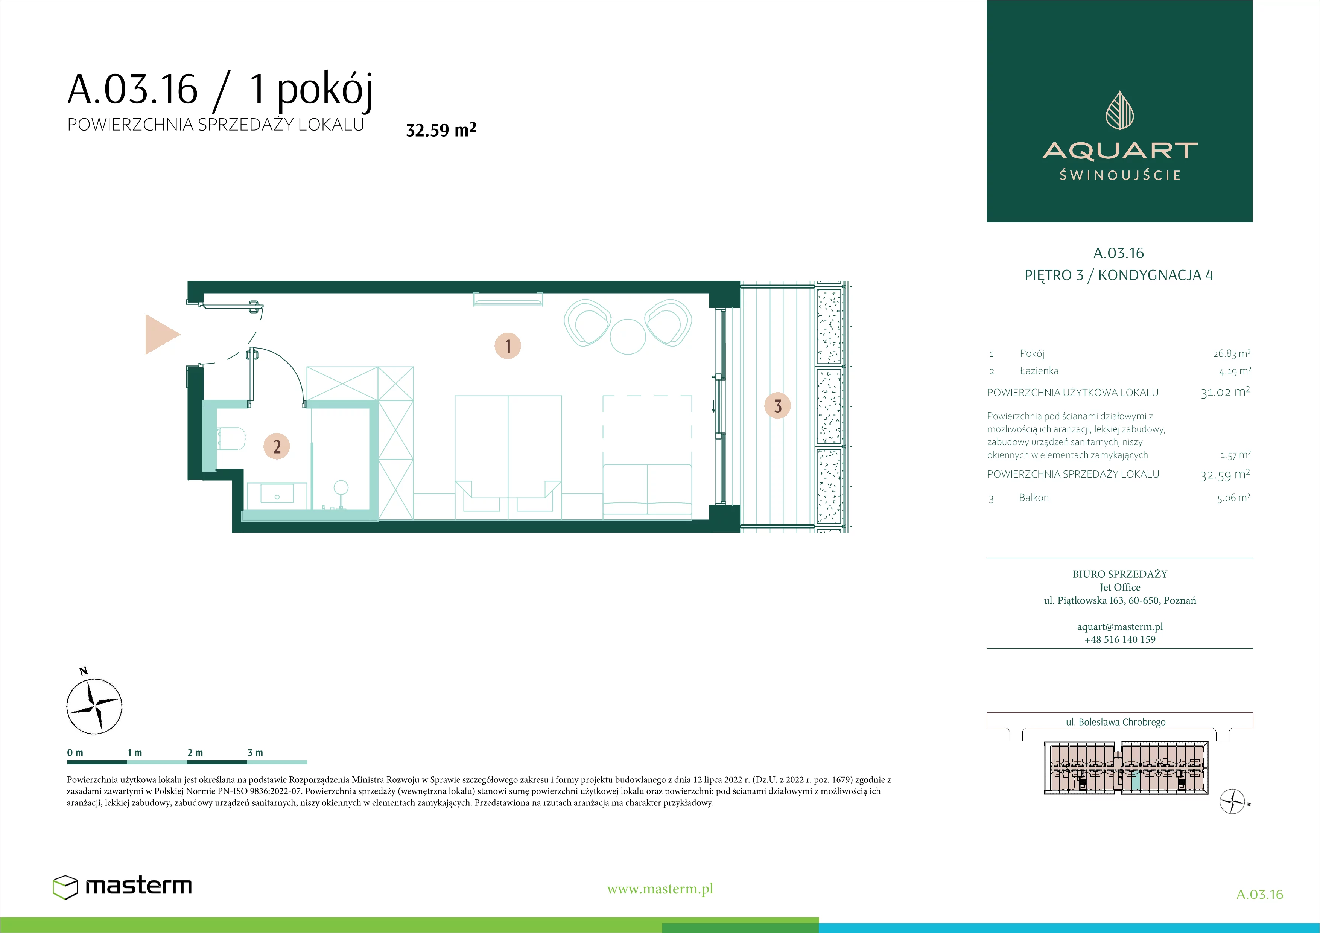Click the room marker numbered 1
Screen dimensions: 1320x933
click(x=508, y=346)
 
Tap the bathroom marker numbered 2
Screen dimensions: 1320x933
click(x=277, y=446)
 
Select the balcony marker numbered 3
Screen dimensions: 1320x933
click(x=777, y=406)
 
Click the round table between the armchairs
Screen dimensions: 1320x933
click(x=628, y=336)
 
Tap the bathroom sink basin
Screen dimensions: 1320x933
click(x=277, y=493)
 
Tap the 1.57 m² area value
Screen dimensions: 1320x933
click(x=1235, y=455)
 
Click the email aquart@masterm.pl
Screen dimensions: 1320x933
click(x=1119, y=627)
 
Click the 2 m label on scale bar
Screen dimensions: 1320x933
click(x=195, y=752)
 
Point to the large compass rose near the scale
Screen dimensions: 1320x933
click(x=94, y=706)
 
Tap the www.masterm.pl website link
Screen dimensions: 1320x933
click(x=660, y=889)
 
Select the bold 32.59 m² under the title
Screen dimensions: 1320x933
click(x=441, y=130)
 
